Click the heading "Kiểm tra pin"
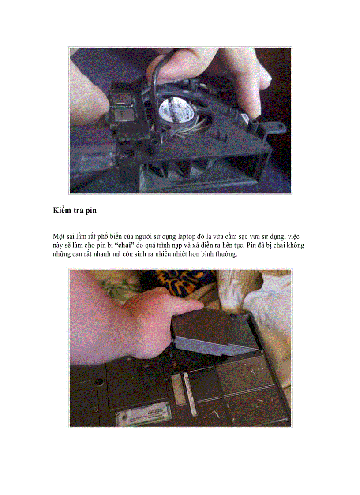[74, 211]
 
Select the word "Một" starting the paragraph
[58, 237]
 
